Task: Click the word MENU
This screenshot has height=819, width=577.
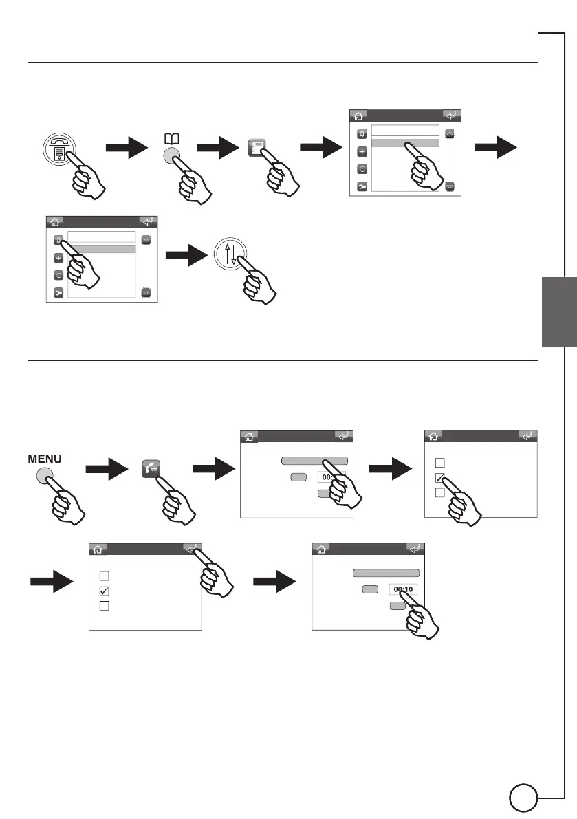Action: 45,458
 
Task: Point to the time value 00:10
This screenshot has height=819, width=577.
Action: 402,589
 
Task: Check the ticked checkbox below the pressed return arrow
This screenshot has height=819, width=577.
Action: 105,591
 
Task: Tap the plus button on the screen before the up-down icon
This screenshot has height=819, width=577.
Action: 58,258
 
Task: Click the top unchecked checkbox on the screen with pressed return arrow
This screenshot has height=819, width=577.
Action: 105,575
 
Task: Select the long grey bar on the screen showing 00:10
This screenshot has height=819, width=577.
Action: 386,572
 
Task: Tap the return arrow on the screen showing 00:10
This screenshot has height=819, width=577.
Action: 414,549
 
